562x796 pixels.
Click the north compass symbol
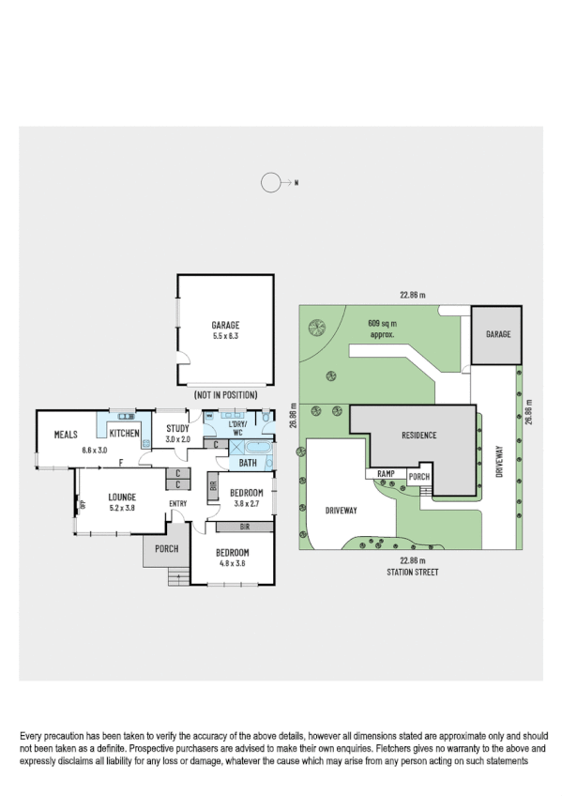(x=271, y=183)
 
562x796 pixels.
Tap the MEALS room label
(x=65, y=435)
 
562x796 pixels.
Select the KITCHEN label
(x=125, y=434)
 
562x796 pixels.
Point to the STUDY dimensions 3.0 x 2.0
(x=178, y=439)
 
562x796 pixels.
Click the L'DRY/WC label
(x=238, y=430)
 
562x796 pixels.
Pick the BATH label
(x=248, y=463)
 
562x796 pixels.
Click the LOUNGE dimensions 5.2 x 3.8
(x=122, y=507)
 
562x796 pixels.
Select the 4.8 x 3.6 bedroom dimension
(x=232, y=563)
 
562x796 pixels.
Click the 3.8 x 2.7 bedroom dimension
(x=247, y=502)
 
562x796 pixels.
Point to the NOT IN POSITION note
(x=226, y=396)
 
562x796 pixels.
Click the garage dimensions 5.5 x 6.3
(x=226, y=335)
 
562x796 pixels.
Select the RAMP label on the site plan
(x=387, y=475)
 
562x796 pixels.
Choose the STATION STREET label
(x=413, y=571)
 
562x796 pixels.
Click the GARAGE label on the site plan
(x=497, y=334)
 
